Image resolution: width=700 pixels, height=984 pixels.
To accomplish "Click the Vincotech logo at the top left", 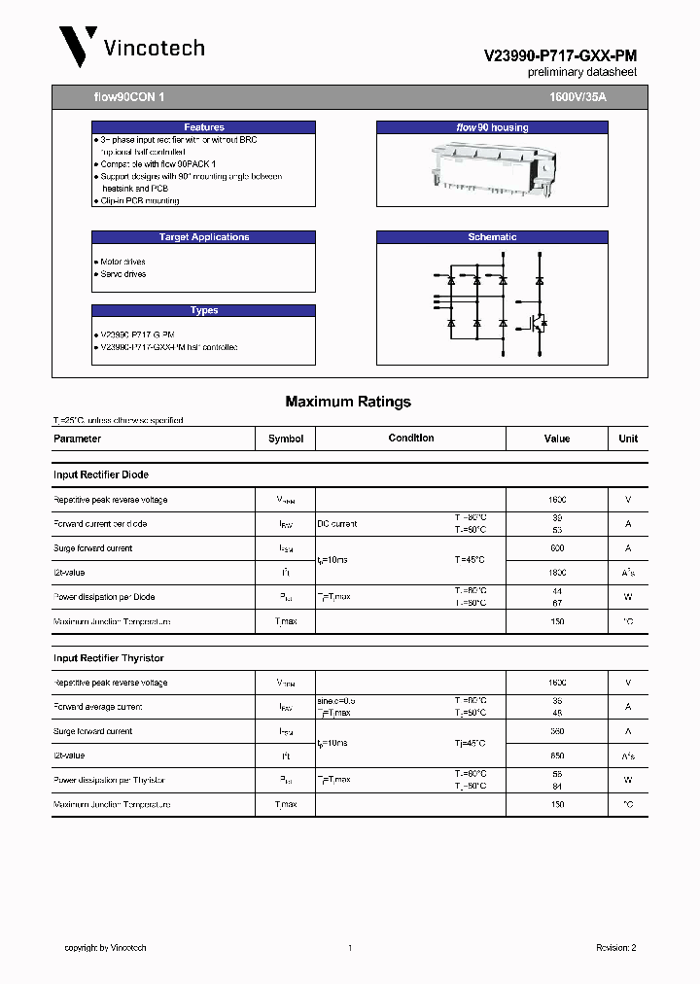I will point(130,48).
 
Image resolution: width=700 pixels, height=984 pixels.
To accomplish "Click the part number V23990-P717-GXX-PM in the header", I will point(560,57).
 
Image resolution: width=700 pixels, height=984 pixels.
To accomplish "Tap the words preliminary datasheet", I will point(582,73).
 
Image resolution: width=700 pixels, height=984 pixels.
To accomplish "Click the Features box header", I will point(203,127).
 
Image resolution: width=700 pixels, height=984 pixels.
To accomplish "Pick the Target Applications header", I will point(203,237).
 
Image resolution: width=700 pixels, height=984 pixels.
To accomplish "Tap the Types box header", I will point(203,311).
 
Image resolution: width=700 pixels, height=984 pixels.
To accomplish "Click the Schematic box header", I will point(492,237).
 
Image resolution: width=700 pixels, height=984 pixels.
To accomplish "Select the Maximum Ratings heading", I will point(348,402).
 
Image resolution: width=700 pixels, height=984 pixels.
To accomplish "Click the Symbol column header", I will point(286,439).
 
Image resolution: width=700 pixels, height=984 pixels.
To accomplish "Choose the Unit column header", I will point(628,439).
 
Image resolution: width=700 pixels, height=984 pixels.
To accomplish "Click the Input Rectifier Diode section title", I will point(101,475).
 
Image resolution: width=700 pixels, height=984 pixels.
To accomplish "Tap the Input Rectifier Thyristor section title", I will point(109,658).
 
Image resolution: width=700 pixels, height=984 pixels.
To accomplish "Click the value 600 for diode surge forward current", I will point(556,548).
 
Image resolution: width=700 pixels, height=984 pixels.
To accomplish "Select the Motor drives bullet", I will point(122,263).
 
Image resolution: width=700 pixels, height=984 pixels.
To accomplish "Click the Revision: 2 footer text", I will point(615,948).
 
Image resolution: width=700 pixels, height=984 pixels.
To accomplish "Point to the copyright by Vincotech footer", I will point(105,948).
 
